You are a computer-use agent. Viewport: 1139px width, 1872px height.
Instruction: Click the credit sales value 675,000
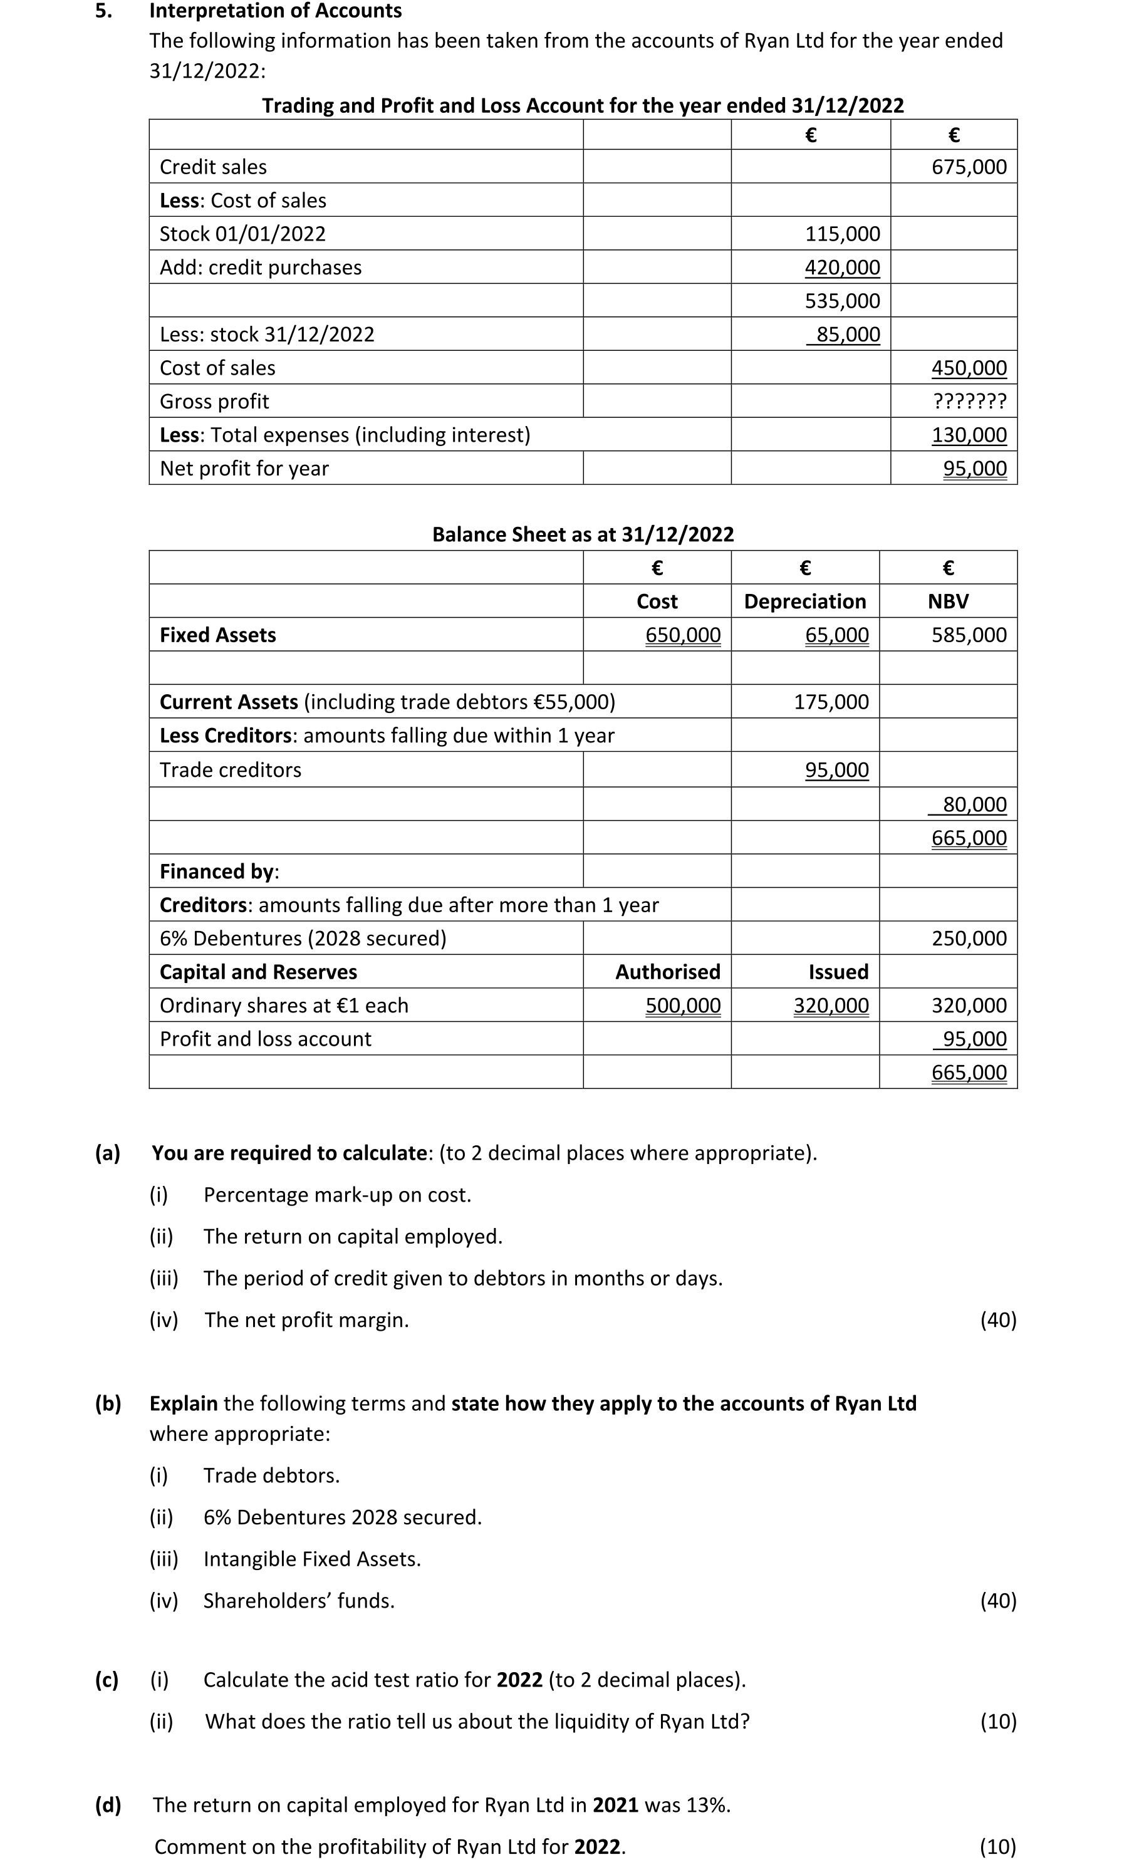coord(969,167)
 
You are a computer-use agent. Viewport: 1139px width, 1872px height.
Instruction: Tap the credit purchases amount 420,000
coord(842,268)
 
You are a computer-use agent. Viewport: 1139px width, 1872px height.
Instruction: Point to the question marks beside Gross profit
coord(969,401)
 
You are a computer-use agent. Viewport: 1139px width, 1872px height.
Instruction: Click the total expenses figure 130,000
coord(969,435)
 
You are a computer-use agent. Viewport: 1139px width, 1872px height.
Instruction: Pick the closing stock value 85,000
coord(847,335)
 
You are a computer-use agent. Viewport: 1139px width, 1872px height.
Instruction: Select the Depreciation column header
coord(804,601)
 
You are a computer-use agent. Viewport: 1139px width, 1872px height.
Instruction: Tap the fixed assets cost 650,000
coord(682,635)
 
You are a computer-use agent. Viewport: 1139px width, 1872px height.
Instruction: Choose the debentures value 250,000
coord(969,939)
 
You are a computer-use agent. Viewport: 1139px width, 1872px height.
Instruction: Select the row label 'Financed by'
coord(219,871)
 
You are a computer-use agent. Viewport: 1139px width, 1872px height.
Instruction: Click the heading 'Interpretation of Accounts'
coord(276,11)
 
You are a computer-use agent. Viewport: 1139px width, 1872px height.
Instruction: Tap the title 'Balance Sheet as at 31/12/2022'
coord(583,535)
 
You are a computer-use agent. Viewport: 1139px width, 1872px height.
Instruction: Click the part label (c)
coord(107,1680)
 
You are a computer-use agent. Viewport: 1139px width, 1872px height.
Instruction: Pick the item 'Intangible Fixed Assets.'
coord(311,1559)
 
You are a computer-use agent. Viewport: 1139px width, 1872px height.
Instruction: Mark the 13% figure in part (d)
coord(707,1805)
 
